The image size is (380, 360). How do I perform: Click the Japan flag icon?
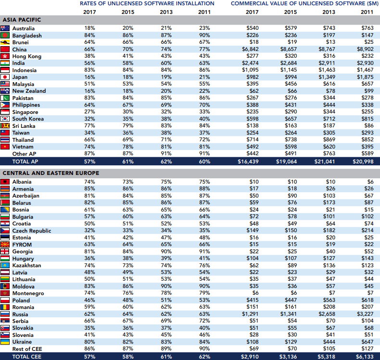pos(5,77)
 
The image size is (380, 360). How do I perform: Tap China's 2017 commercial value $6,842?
pos(249,49)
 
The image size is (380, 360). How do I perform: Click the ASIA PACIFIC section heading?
pos(22,20)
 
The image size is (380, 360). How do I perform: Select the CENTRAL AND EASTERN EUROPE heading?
pos(51,173)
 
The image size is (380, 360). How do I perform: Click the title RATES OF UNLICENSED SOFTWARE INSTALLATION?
pos(147,3)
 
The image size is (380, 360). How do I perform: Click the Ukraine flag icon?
pos(5,342)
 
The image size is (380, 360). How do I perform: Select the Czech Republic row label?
pos(32,231)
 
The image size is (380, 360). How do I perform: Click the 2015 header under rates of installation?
pos(128,12)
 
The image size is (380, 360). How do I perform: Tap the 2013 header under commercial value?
pos(329,12)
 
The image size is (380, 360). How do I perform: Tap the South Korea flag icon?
pos(5,119)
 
